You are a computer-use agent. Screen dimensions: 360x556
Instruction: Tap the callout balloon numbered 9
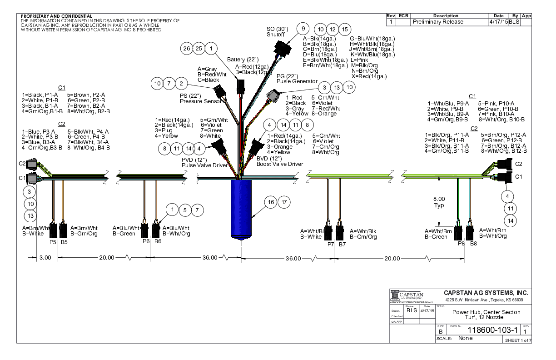302,28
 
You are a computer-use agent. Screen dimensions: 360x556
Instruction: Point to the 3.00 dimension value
45,257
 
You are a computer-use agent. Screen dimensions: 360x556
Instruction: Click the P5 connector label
52,242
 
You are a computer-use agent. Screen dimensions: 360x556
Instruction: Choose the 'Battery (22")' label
243,60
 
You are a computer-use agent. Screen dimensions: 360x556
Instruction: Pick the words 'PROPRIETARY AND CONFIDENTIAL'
56,16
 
